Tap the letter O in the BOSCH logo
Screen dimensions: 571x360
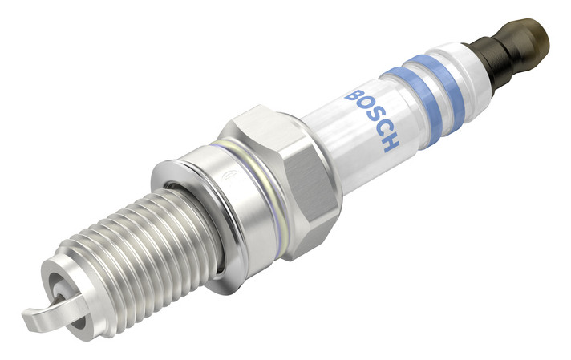point(365,106)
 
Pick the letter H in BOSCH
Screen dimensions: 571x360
point(390,143)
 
